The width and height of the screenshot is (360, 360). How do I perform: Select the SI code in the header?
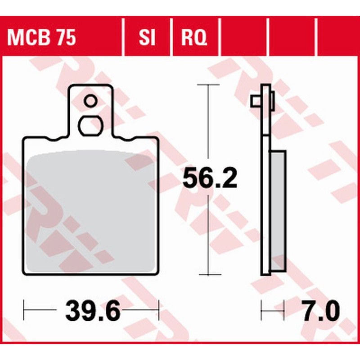coord(147,38)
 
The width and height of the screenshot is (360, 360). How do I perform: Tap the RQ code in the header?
coord(194,38)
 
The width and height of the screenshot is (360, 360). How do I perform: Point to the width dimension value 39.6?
coord(93,311)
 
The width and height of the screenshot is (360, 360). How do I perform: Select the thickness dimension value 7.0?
coord(321,311)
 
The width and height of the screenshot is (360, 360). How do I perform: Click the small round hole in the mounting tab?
coord(90,101)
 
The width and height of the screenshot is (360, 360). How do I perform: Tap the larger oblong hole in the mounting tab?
coord(90,125)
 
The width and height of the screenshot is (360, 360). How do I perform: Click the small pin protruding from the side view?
coord(255,102)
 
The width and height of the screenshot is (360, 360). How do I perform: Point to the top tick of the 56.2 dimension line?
coord(208,85)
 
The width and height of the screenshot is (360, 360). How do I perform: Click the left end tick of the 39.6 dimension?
coord(24,310)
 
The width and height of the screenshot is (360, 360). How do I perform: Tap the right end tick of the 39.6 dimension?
coord(158,310)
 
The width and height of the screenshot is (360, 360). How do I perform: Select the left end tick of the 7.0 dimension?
coord(262,310)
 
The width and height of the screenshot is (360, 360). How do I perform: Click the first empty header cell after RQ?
coord(243,38)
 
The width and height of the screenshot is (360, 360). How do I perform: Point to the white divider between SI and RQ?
coord(171,38)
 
